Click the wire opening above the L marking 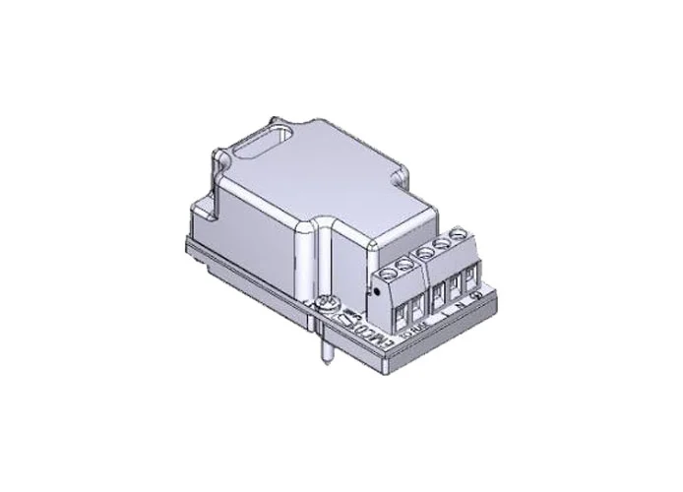coord(439,294)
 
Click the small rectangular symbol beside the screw coord(345,319)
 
